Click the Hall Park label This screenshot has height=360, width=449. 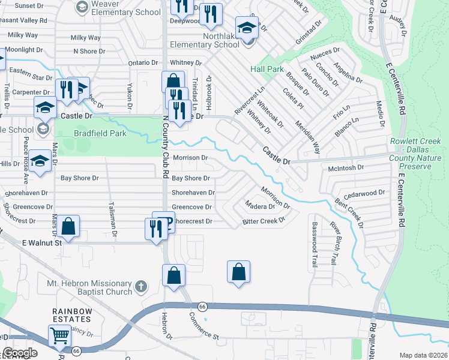pos(267,69)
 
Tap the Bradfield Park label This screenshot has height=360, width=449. pos(100,133)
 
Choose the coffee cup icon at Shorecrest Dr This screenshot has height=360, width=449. pos(163,221)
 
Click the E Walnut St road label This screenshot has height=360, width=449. pos(42,243)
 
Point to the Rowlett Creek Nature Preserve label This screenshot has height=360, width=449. pos(421,151)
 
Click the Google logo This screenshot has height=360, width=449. pos(20,353)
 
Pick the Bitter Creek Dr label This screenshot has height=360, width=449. pos(263,221)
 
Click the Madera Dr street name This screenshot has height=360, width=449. pos(260,206)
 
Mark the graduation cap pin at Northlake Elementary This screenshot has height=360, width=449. pos(246,28)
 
